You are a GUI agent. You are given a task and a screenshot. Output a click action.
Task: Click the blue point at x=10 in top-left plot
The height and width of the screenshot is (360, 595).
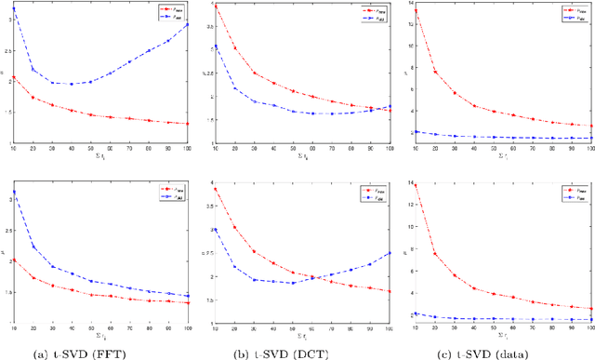(12, 8)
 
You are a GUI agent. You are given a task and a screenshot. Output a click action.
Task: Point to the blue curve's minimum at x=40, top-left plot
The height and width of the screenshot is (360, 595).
(71, 84)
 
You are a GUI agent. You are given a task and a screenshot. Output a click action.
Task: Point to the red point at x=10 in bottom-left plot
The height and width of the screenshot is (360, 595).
(12, 260)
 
